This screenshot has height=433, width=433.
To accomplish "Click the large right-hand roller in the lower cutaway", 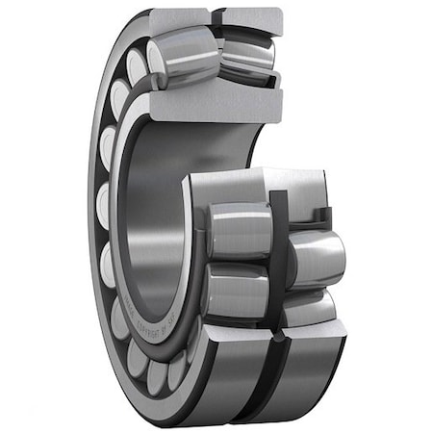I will coord(316,260).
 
